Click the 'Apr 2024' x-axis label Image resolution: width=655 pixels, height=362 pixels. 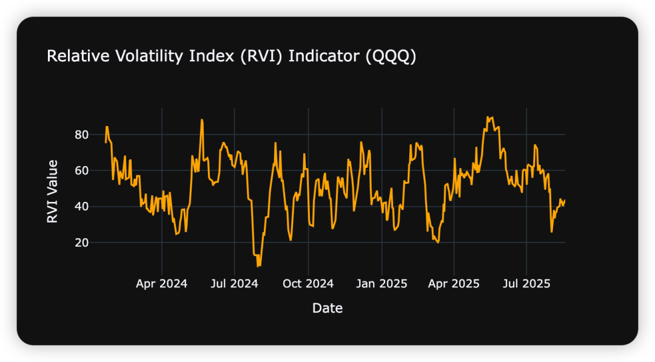coord(162,283)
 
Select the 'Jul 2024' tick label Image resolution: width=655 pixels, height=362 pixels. coord(235,283)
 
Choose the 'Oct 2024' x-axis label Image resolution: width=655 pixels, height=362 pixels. coord(308,283)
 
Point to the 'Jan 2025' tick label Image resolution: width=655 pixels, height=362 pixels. coord(381,283)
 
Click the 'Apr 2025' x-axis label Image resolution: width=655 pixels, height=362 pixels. coord(454,283)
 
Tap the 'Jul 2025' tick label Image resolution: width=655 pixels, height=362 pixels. coord(526,283)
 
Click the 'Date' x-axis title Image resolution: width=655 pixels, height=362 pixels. coord(327,308)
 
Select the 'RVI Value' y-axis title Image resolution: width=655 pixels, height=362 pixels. coord(53,191)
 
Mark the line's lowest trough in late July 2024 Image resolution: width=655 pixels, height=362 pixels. coord(258,266)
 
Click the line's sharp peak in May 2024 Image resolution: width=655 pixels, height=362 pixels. coord(202,120)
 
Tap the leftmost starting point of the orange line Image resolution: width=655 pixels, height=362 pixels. coord(106,142)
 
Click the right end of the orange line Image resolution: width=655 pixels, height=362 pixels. coord(565,201)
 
